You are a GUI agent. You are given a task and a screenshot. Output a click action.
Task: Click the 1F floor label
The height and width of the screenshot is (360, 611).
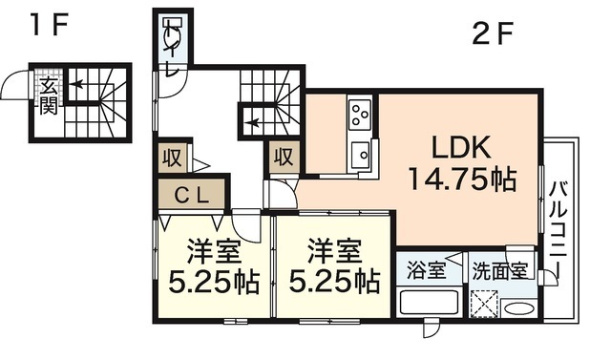point(45,25)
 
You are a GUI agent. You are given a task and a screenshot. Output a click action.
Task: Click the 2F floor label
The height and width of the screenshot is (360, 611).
point(493,35)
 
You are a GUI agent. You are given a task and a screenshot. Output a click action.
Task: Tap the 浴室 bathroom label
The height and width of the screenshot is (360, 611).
point(427,269)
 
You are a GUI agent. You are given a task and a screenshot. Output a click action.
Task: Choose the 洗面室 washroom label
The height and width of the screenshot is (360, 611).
point(501,269)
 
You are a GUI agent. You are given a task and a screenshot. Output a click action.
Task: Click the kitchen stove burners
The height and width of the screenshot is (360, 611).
point(361,116)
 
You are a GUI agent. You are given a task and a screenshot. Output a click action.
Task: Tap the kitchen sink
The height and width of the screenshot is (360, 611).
point(361,155)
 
